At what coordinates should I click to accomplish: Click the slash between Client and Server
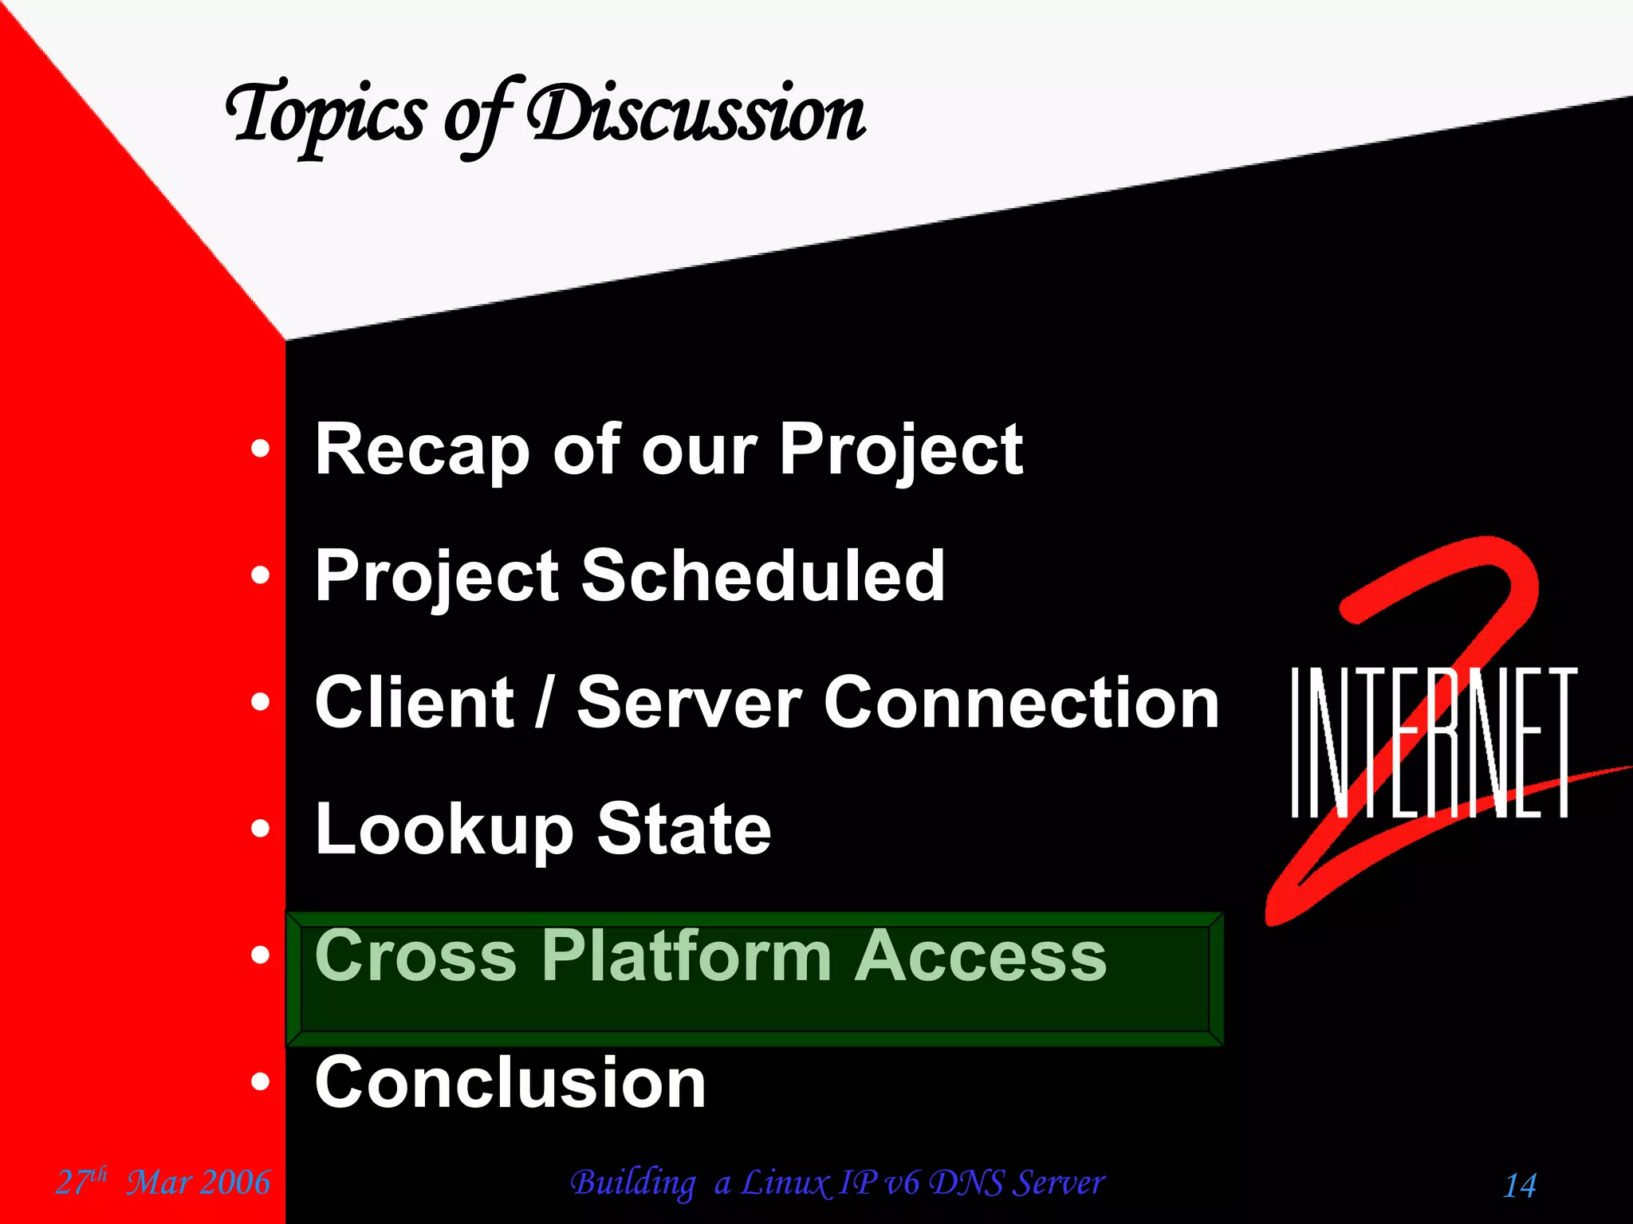pos(545,703)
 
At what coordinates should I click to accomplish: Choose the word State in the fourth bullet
pos(684,830)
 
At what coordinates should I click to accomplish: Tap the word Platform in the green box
pos(687,955)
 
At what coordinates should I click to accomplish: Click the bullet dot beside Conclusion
pos(260,1082)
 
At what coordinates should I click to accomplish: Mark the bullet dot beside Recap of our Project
pos(260,449)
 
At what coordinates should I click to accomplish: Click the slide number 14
pos(1520,1185)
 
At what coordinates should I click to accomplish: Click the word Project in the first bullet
pos(901,451)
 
